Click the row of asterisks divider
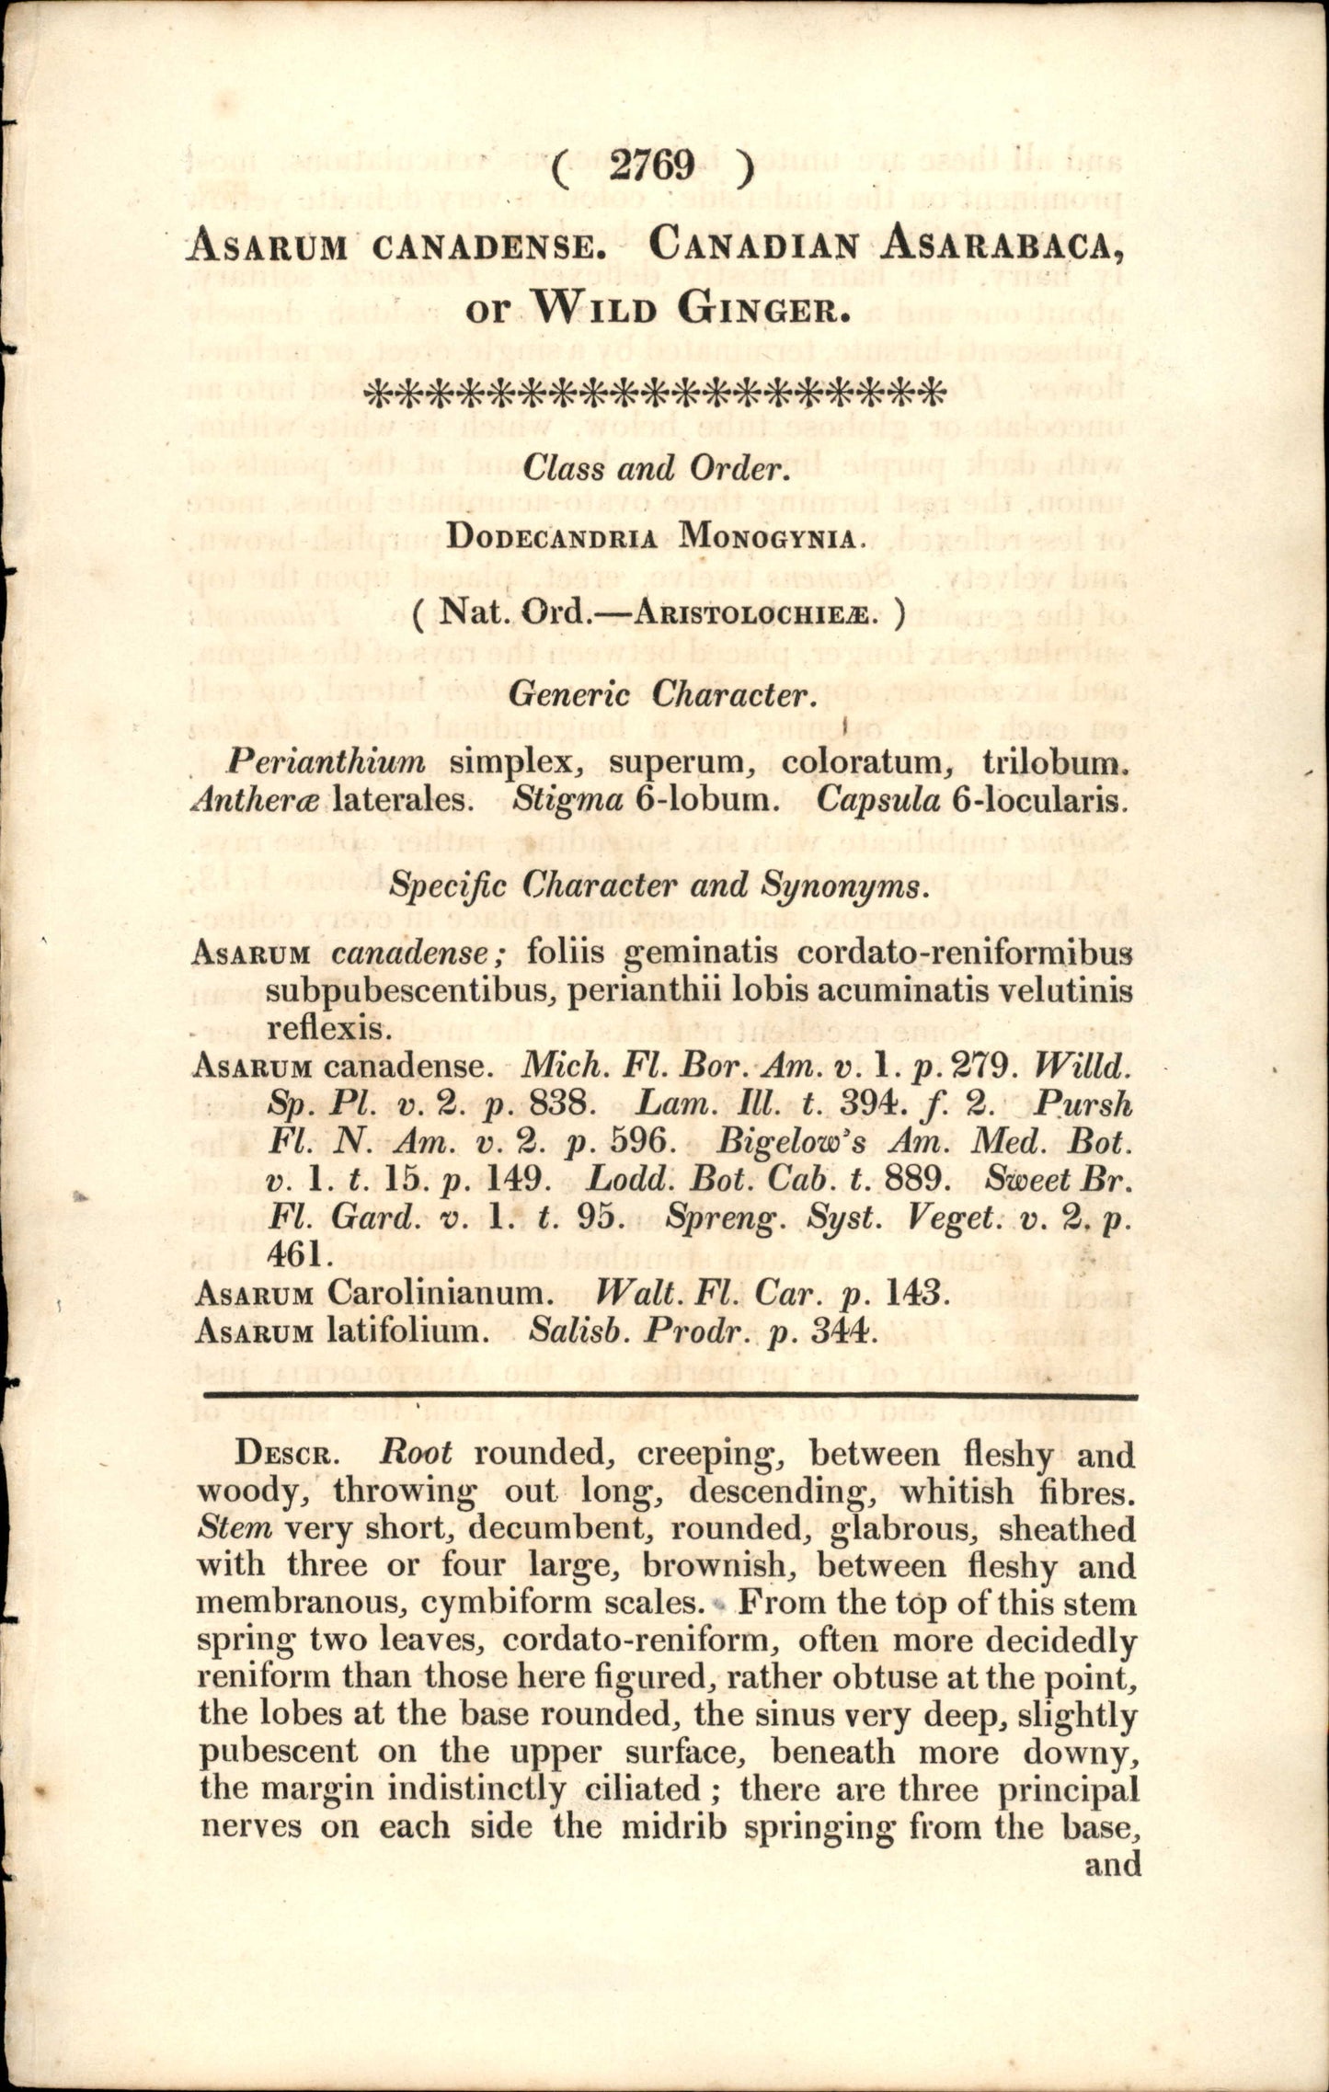655,395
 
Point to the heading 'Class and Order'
654,469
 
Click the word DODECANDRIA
553,538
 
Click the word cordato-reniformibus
965,952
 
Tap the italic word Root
417,1453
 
